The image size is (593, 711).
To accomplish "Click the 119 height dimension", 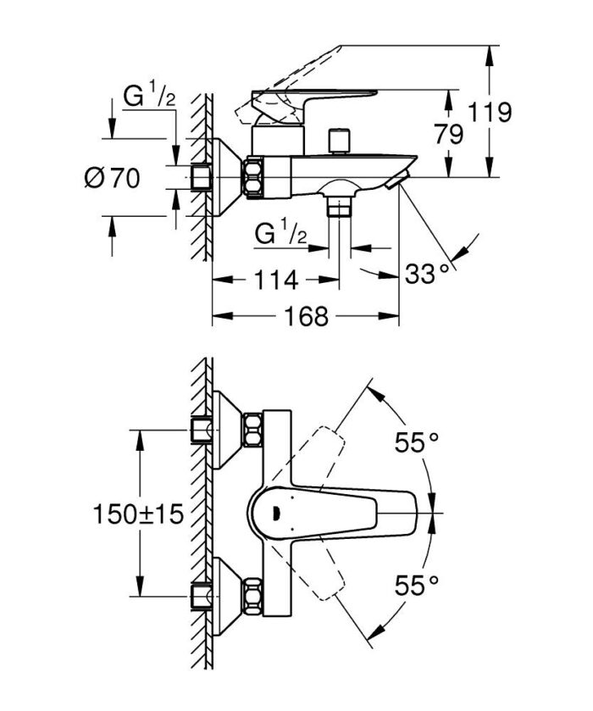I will coord(492,111).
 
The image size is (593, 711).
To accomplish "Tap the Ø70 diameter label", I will coord(112,177).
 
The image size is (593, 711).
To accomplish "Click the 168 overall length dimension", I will coord(306,316).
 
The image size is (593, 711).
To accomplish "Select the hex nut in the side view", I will coord(253,178).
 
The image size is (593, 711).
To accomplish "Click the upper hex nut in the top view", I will coord(252,430).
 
